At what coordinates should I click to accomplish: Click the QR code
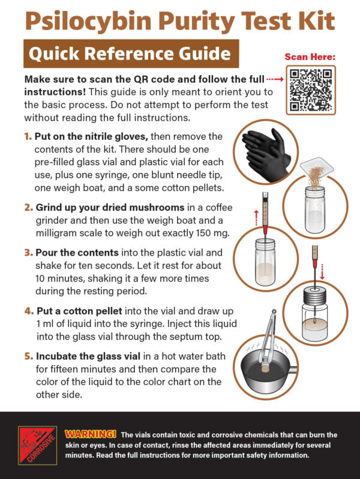[x=311, y=90]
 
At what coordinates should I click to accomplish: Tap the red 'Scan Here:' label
[x=310, y=57]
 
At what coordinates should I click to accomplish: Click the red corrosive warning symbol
[x=37, y=445]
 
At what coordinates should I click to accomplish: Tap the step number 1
[x=28, y=137]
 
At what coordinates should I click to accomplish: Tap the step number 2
[x=28, y=208]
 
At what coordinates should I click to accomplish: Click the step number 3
[x=28, y=253]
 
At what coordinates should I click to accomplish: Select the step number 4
[x=28, y=311]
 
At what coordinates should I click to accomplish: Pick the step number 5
[x=28, y=356]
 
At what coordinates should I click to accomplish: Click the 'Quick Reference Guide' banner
[x=130, y=55]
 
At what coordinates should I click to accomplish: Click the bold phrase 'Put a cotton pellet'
[x=80, y=311]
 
